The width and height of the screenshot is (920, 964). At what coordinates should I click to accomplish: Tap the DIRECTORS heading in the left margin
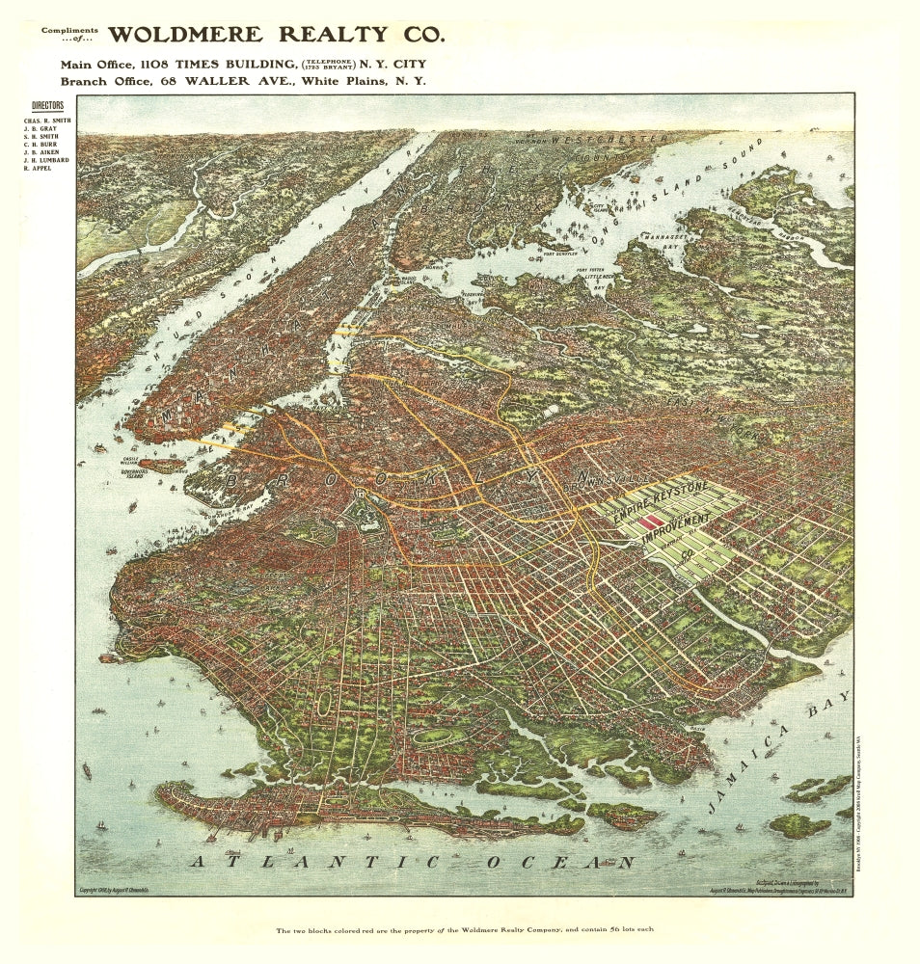pos(47,104)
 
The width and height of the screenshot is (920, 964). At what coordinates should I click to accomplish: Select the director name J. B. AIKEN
pos(42,152)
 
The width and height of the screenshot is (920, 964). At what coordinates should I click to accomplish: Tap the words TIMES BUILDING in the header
pos(240,64)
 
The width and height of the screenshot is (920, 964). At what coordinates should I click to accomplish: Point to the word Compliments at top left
pos(69,30)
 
